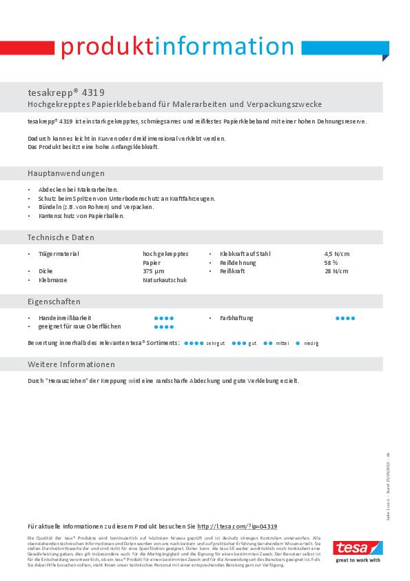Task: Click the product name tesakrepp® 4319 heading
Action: tap(66, 92)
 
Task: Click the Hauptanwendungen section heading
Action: tap(66, 173)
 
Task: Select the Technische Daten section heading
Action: tap(61, 237)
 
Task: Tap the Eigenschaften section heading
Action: tap(54, 302)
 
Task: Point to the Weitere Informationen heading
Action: tap(71, 364)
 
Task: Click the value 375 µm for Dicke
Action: tap(153, 271)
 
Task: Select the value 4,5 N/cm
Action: tap(336, 254)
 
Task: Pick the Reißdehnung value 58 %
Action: tap(331, 263)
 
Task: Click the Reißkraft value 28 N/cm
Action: tap(336, 271)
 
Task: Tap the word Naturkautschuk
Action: tap(165, 280)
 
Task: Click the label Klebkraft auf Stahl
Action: tap(245, 254)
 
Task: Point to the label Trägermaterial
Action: tap(59, 254)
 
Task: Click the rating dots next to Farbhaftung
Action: tap(345, 318)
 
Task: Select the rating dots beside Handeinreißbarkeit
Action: tap(164, 318)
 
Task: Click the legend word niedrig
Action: tap(311, 343)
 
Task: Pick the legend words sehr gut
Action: tap(216, 343)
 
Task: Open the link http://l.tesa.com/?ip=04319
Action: tap(237, 526)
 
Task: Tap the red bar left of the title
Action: tap(27, 47)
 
